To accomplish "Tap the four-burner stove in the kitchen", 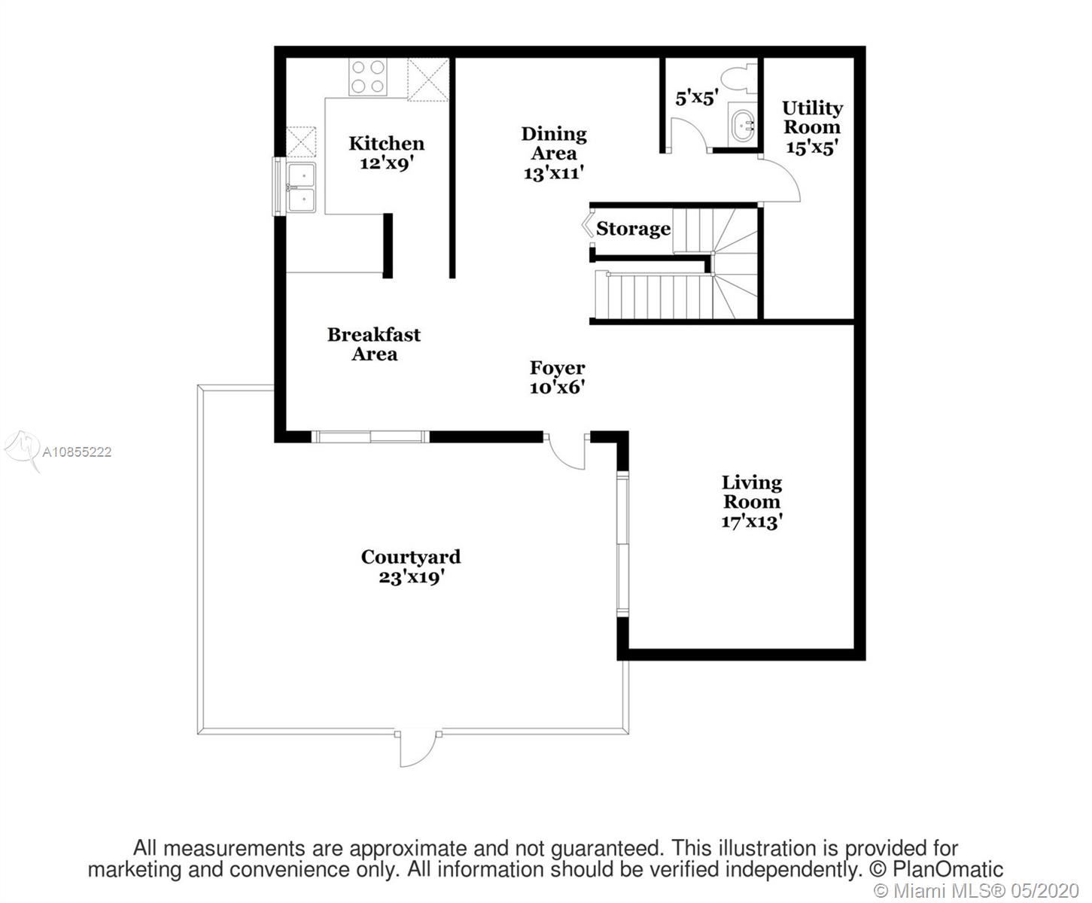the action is pos(368,77).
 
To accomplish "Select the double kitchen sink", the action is pos(301,187).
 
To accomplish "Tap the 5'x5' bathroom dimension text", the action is pos(697,98).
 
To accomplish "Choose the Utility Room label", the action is pos(812,128).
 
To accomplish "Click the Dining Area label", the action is pos(554,154).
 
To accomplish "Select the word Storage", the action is pos(634,229).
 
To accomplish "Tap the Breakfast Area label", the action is pos(374,344).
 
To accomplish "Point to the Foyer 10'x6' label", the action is pos(557,377).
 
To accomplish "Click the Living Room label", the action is pos(752,502).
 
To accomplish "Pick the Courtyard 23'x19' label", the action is pos(411,567).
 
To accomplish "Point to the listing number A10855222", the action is pos(77,451).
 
